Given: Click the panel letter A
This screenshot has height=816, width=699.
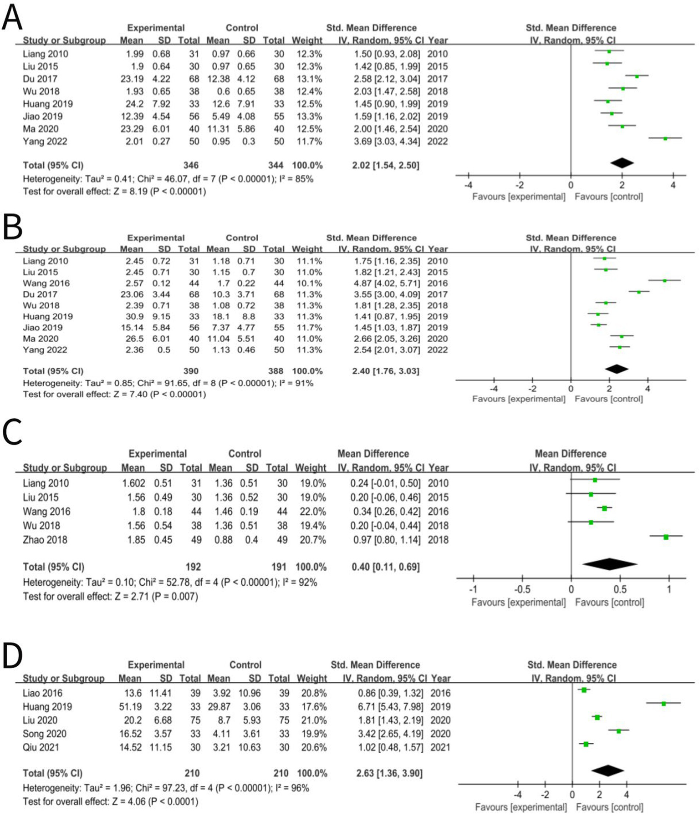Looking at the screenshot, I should click(12, 18).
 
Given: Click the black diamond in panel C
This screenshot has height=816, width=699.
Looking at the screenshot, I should click(610, 564).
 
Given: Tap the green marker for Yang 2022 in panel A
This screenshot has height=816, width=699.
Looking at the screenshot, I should click(665, 138).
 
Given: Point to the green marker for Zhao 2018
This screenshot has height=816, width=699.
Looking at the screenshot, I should click(666, 537).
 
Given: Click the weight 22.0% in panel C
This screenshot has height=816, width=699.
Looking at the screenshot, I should click(312, 512).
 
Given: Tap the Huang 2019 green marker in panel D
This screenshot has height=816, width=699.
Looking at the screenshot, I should click(663, 704).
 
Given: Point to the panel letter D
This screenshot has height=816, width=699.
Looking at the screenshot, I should click(12, 656).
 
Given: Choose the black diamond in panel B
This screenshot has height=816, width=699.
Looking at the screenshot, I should click(617, 369).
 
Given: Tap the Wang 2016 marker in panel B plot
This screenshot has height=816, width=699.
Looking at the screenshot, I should click(664, 281).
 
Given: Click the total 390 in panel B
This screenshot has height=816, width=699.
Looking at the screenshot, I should click(190, 371).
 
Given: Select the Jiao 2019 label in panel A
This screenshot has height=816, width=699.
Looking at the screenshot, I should click(43, 116).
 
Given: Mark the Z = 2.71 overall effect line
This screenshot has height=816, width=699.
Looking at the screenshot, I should click(110, 596).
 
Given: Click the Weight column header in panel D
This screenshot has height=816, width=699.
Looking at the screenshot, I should click(311, 678).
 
